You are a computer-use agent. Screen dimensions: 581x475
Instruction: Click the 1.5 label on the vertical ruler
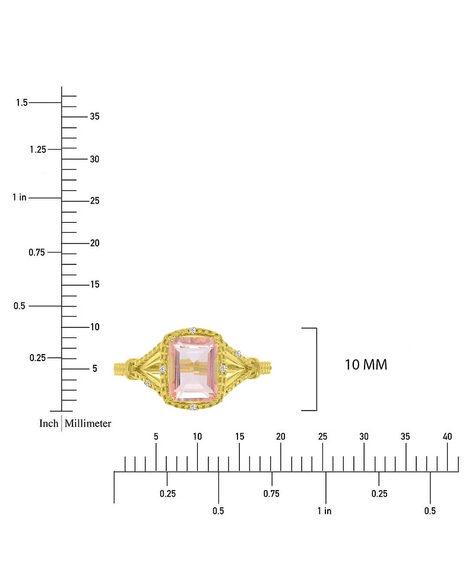[22, 103]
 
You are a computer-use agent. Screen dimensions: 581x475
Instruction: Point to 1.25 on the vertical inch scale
[37, 149]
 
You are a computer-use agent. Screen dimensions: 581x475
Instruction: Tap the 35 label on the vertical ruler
[94, 116]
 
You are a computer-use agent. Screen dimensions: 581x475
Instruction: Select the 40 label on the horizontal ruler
[448, 437]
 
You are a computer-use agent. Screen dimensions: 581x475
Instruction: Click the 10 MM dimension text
[366, 365]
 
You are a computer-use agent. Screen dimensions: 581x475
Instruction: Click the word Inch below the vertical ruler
[49, 424]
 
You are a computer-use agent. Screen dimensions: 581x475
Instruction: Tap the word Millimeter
[88, 424]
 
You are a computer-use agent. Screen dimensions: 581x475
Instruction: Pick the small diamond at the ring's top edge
[192, 330]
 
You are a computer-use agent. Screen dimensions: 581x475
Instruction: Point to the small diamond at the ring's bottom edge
[192, 407]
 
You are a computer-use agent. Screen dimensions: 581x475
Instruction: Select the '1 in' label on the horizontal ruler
[324, 511]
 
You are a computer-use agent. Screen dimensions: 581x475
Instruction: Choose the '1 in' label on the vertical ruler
[20, 197]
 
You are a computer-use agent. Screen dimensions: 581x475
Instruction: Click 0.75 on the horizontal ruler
[271, 494]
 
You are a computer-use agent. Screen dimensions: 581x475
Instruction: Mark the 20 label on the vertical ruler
[94, 243]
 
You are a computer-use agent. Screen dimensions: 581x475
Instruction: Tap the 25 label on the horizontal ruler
[322, 437]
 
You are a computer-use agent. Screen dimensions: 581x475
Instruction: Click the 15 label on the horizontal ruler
[239, 437]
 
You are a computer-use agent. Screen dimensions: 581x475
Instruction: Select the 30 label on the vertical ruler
[94, 159]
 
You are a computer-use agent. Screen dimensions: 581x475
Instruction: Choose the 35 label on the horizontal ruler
[406, 437]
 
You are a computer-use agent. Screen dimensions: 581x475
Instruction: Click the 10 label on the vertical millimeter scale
[94, 327]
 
